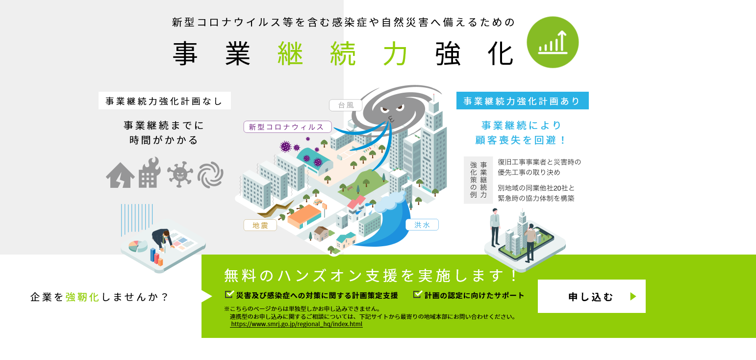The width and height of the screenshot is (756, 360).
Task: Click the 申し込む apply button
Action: (591, 296)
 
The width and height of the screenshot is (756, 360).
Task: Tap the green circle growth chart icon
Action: (553, 42)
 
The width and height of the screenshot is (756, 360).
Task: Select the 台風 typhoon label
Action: (346, 105)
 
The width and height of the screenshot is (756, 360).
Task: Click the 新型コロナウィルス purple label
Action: (287, 127)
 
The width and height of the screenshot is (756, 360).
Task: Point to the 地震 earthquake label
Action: (260, 225)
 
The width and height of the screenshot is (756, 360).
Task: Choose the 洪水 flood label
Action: (422, 225)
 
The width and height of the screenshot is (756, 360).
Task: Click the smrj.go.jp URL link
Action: (296, 324)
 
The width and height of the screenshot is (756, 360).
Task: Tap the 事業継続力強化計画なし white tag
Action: (165, 101)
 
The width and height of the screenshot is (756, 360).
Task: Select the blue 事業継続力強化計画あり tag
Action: (523, 101)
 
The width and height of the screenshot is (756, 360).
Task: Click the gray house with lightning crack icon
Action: (120, 175)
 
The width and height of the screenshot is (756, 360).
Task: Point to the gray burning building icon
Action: (150, 173)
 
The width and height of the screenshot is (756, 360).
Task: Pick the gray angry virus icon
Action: (180, 174)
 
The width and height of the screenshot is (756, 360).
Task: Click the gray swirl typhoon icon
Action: (211, 175)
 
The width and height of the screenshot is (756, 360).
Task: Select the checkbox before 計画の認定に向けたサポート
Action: (418, 294)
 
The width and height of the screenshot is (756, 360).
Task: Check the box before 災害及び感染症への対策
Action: (229, 294)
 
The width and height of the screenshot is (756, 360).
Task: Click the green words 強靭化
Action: (82, 297)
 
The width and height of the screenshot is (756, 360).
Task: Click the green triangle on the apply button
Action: (633, 297)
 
